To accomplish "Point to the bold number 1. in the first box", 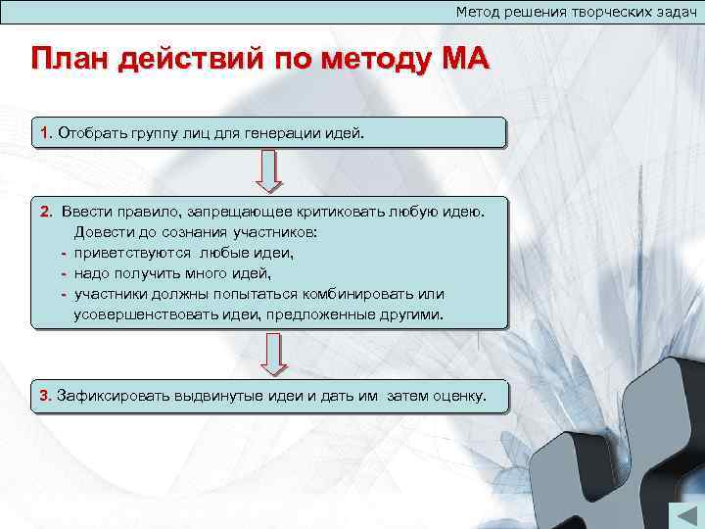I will pos(46,132).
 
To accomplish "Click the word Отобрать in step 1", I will pos(90,132).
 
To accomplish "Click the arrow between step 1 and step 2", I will pos(269,170).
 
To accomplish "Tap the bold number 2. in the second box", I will pos(47,211).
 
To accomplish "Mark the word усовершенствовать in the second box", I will pos(144,315).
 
